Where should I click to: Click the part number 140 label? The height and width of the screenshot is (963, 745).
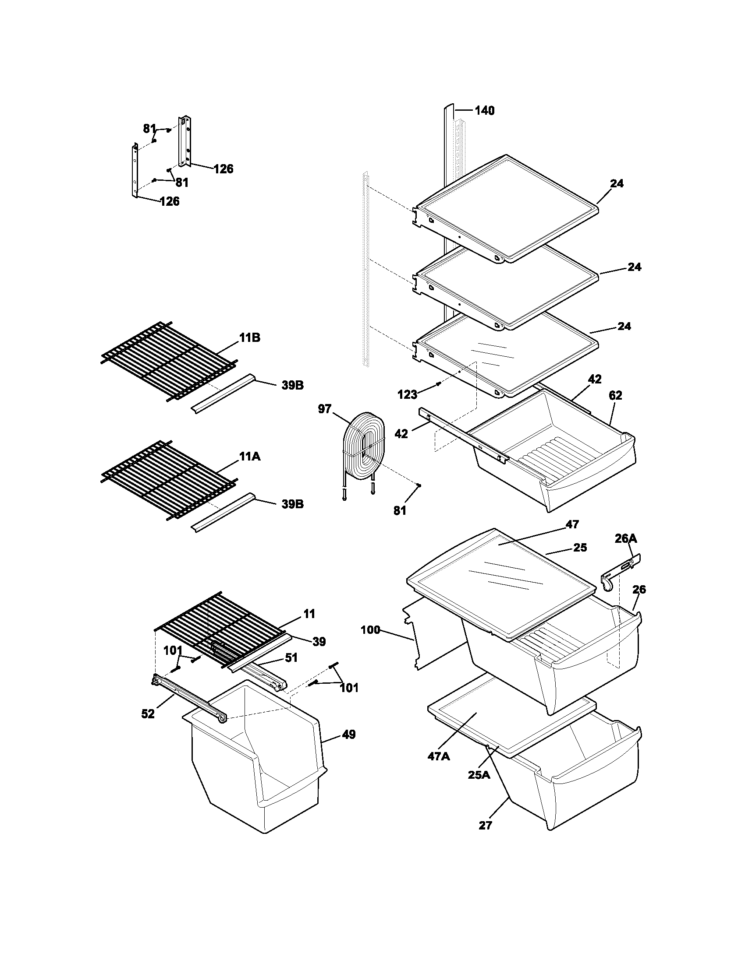(x=484, y=111)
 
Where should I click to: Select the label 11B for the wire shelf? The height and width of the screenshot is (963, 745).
(x=250, y=338)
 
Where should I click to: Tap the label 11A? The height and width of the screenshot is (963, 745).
(x=250, y=457)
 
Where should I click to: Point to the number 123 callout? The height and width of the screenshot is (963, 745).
(x=407, y=395)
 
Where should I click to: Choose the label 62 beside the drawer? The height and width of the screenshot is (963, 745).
(x=615, y=396)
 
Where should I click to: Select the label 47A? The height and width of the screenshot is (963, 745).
(x=439, y=756)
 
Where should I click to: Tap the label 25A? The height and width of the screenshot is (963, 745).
(x=479, y=775)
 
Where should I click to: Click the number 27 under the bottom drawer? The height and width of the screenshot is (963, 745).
(x=485, y=826)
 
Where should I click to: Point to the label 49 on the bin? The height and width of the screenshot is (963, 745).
(x=349, y=735)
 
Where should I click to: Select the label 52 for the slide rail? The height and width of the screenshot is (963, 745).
(x=148, y=714)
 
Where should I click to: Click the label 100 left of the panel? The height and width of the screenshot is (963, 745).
(x=370, y=629)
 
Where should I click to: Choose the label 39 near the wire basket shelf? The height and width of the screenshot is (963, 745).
(x=319, y=642)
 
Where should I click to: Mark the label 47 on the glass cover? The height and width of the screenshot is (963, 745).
(x=572, y=524)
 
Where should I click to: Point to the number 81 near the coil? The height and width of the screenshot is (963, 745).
(x=399, y=510)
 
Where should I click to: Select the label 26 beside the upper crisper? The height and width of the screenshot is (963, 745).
(x=639, y=589)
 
